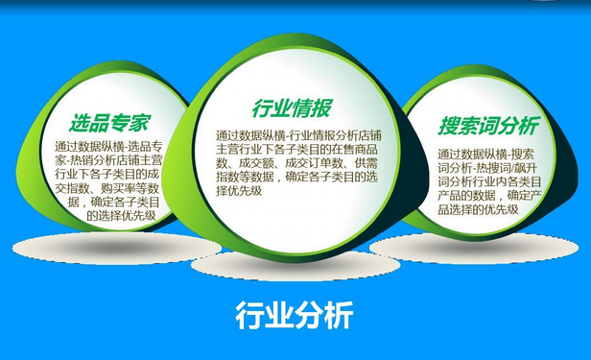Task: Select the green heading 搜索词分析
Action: [x=488, y=127]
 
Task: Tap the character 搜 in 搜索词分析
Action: [x=449, y=127]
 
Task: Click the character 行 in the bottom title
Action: [x=248, y=315]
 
